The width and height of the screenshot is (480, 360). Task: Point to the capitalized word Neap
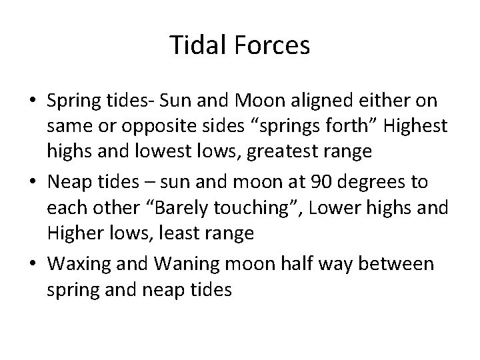pos(66,182)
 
